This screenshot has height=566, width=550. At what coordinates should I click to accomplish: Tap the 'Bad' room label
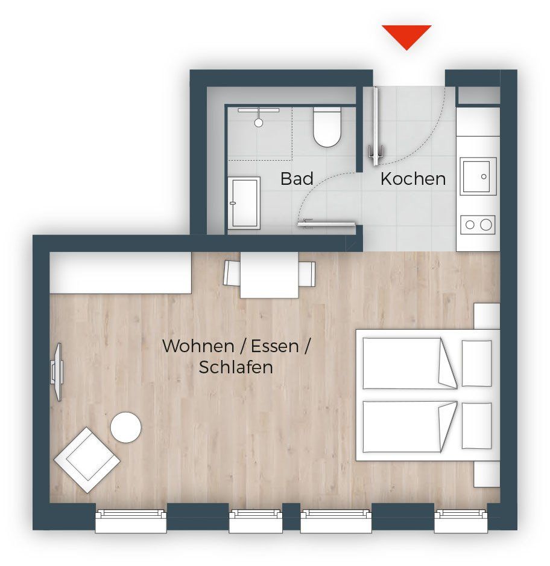pyautogui.click(x=297, y=179)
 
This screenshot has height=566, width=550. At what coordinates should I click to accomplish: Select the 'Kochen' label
pyautogui.click(x=413, y=179)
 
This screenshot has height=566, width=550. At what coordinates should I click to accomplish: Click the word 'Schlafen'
pyautogui.click(x=236, y=367)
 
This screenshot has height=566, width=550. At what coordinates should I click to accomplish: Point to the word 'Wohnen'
pyautogui.click(x=198, y=346)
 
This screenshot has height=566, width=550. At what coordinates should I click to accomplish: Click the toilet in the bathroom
pyautogui.click(x=326, y=126)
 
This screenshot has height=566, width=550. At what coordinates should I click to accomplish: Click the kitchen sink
pyautogui.click(x=478, y=176)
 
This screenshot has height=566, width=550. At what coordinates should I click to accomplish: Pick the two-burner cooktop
pyautogui.click(x=478, y=225)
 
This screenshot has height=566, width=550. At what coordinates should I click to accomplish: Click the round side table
pyautogui.click(x=126, y=428)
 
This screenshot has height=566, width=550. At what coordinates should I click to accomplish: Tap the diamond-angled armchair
pyautogui.click(x=87, y=460)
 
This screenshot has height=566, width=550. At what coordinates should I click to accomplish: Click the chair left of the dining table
pyautogui.click(x=232, y=273)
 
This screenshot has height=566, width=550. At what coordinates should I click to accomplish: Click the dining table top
pyautogui.click(x=269, y=275)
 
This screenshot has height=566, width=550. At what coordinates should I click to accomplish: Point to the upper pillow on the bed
pyautogui.click(x=477, y=363)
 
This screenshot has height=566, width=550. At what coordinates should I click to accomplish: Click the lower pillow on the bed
pyautogui.click(x=477, y=426)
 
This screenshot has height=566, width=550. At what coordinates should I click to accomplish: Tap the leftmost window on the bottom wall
pyautogui.click(x=131, y=521)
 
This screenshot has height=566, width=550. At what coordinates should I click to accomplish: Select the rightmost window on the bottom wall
pyautogui.click(x=461, y=521)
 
